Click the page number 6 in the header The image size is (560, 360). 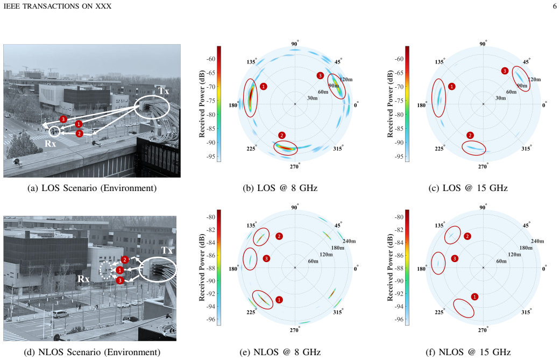(555, 6)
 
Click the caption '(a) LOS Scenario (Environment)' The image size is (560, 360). (92, 188)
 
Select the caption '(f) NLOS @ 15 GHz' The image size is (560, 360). (468, 352)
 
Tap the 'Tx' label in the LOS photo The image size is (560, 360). (164, 91)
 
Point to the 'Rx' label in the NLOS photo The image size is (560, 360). (83, 279)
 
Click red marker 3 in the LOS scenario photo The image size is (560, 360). (63, 119)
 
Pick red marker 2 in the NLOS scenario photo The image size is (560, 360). (125, 260)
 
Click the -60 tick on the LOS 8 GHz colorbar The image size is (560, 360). (210, 59)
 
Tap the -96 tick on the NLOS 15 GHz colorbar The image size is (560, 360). (399, 319)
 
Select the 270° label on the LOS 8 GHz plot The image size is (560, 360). (295, 166)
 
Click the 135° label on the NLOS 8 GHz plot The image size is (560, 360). (251, 225)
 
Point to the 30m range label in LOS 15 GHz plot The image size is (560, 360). (500, 98)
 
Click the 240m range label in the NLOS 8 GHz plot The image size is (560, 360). (349, 241)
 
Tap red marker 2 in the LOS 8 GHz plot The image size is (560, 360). (282, 136)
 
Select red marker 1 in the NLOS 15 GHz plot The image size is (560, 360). (474, 297)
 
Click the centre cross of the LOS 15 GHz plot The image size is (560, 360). (483, 104)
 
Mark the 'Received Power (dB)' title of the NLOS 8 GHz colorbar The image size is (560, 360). (202, 267)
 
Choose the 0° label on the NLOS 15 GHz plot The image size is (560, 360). (544, 269)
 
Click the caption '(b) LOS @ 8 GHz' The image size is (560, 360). (280, 188)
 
